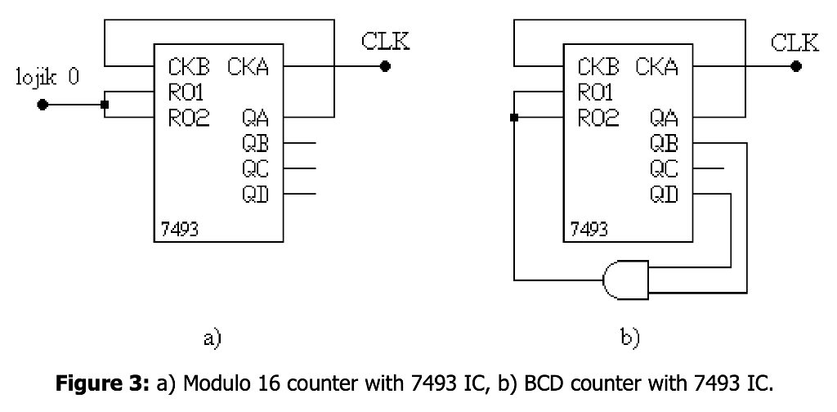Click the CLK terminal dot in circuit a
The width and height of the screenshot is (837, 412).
click(386, 67)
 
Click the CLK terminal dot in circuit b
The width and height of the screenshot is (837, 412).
click(795, 67)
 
